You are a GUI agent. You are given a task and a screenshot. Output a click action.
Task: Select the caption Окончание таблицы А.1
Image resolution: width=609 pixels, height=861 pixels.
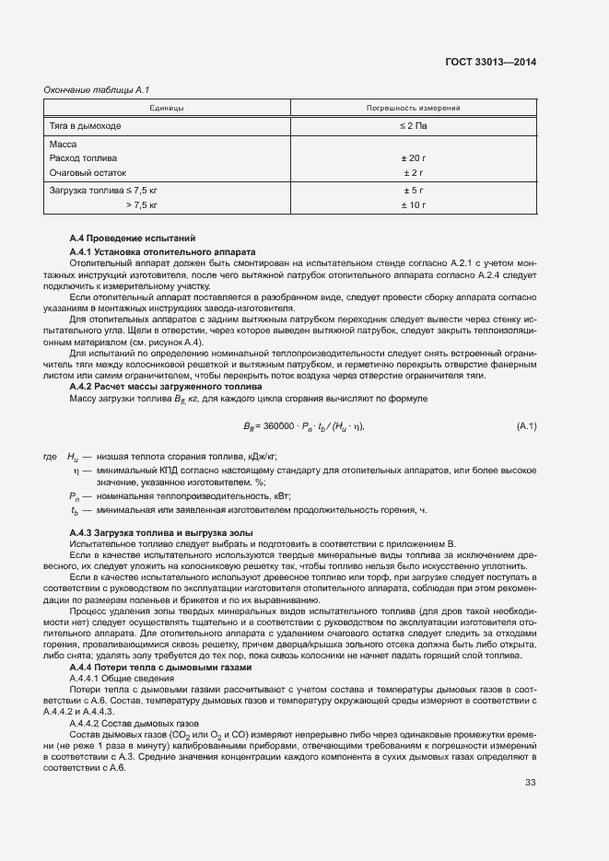click(x=97, y=89)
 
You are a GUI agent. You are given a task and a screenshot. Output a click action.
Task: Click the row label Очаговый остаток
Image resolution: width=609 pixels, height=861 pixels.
click(x=88, y=172)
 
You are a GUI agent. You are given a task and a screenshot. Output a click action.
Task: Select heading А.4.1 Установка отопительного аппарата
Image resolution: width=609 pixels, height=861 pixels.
click(x=162, y=251)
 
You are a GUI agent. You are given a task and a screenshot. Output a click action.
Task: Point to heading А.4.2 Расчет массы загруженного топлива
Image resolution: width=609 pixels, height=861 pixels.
click(x=166, y=388)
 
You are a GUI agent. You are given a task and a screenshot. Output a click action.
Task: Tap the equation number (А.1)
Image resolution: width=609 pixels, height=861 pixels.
click(x=527, y=426)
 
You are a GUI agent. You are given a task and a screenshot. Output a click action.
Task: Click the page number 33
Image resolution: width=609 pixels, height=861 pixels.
click(x=530, y=783)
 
